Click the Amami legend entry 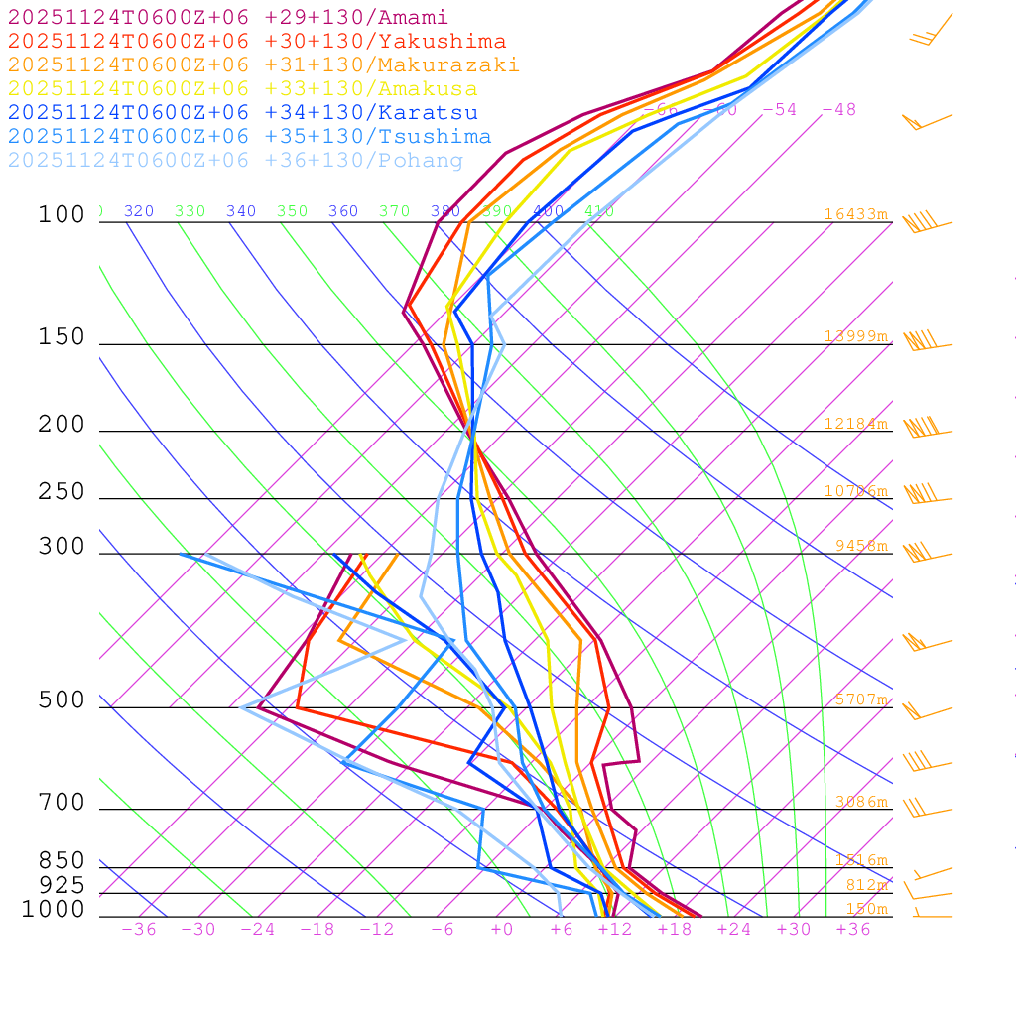tap(227, 18)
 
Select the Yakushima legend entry tap(256, 42)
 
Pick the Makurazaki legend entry tap(263, 65)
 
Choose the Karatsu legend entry tap(242, 113)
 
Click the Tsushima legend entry tap(249, 137)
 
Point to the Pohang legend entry tap(235, 161)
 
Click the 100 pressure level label tap(62, 215)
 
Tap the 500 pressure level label tap(62, 700)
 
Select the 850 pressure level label tap(62, 861)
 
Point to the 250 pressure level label tap(62, 492)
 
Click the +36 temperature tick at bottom tap(853, 930)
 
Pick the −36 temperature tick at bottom tap(139, 930)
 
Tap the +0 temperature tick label tap(502, 930)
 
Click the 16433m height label tap(856, 214)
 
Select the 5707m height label tap(861, 699)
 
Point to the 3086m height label tap(861, 802)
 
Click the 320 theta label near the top tap(139, 211)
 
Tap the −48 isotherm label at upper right tap(838, 109)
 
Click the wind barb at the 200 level tap(923, 427)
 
